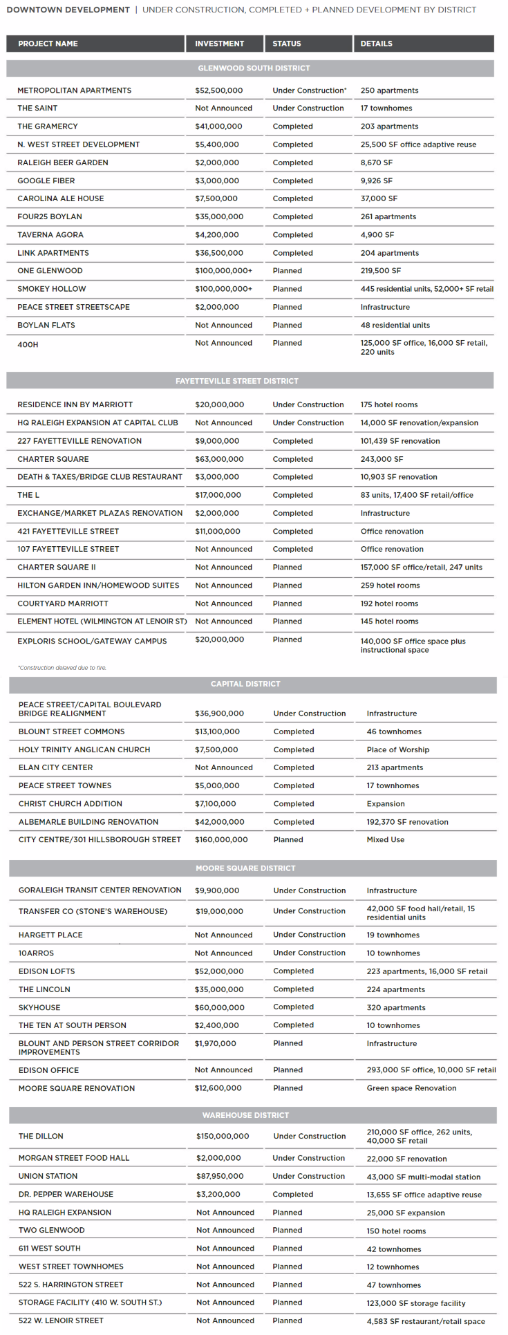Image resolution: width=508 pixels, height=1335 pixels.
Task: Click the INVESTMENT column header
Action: (219, 44)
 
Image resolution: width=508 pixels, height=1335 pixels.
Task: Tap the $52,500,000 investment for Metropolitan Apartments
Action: (218, 91)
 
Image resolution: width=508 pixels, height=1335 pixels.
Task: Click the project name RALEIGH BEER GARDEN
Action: (63, 162)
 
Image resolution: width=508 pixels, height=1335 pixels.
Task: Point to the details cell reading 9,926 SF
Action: (376, 180)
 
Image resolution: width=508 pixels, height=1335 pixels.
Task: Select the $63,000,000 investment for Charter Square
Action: (219, 459)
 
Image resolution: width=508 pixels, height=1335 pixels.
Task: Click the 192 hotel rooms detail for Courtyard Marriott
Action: (389, 604)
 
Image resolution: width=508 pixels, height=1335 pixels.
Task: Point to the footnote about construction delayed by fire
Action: (62, 668)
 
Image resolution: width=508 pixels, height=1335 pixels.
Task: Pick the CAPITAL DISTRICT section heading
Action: (245, 684)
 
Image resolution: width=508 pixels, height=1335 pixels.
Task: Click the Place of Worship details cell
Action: (397, 749)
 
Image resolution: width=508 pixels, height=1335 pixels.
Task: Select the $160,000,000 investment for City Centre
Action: (221, 839)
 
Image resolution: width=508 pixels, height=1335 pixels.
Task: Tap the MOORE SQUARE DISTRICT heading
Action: (245, 868)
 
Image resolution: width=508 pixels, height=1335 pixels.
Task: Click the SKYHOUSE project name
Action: (39, 1007)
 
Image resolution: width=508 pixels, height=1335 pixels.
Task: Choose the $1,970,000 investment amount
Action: (215, 1043)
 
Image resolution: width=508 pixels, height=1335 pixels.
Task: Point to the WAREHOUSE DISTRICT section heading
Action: (245, 1115)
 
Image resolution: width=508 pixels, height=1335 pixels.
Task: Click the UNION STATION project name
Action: (48, 1176)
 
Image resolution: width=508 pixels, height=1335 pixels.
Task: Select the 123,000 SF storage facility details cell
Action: (415, 1303)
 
